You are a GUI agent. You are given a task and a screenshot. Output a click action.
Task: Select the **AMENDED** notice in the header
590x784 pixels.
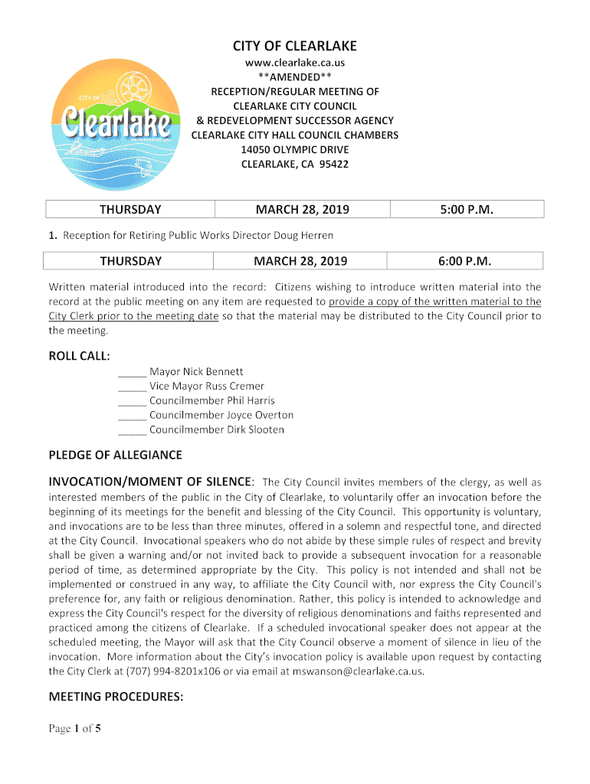click(x=295, y=77)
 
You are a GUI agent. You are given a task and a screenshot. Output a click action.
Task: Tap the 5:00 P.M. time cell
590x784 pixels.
click(x=466, y=210)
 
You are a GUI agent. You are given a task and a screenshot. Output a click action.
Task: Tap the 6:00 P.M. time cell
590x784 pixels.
click(x=466, y=261)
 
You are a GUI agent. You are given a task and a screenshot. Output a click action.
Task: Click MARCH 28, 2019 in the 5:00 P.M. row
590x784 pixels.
click(x=301, y=210)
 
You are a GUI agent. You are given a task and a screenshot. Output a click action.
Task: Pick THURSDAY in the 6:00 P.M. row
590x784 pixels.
click(x=130, y=261)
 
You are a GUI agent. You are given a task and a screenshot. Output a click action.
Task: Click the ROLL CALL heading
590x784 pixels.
click(x=79, y=356)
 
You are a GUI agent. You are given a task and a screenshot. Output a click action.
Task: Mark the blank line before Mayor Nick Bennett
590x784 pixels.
click(x=133, y=372)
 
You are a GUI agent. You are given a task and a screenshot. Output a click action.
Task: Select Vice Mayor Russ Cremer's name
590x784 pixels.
click(x=207, y=387)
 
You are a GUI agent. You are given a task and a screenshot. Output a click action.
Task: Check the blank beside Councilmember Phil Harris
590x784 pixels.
click(x=133, y=401)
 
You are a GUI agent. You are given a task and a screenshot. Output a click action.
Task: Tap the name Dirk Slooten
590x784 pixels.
click(x=255, y=430)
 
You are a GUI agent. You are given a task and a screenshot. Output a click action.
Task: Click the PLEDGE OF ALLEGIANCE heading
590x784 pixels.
click(x=116, y=456)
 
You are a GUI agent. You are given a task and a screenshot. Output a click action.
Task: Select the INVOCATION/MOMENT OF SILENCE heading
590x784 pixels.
click(x=150, y=482)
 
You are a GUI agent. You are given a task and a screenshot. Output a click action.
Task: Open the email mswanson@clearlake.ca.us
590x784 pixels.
click(x=352, y=671)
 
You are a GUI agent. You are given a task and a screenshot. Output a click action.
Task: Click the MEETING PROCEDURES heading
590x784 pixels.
click(x=116, y=697)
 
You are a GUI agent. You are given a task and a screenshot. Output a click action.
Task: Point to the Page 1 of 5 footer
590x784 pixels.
click(x=75, y=729)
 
